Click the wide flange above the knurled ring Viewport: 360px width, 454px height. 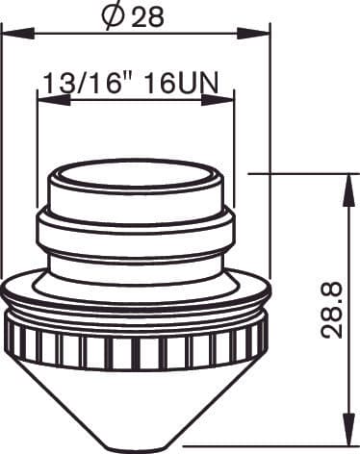[136, 293]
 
